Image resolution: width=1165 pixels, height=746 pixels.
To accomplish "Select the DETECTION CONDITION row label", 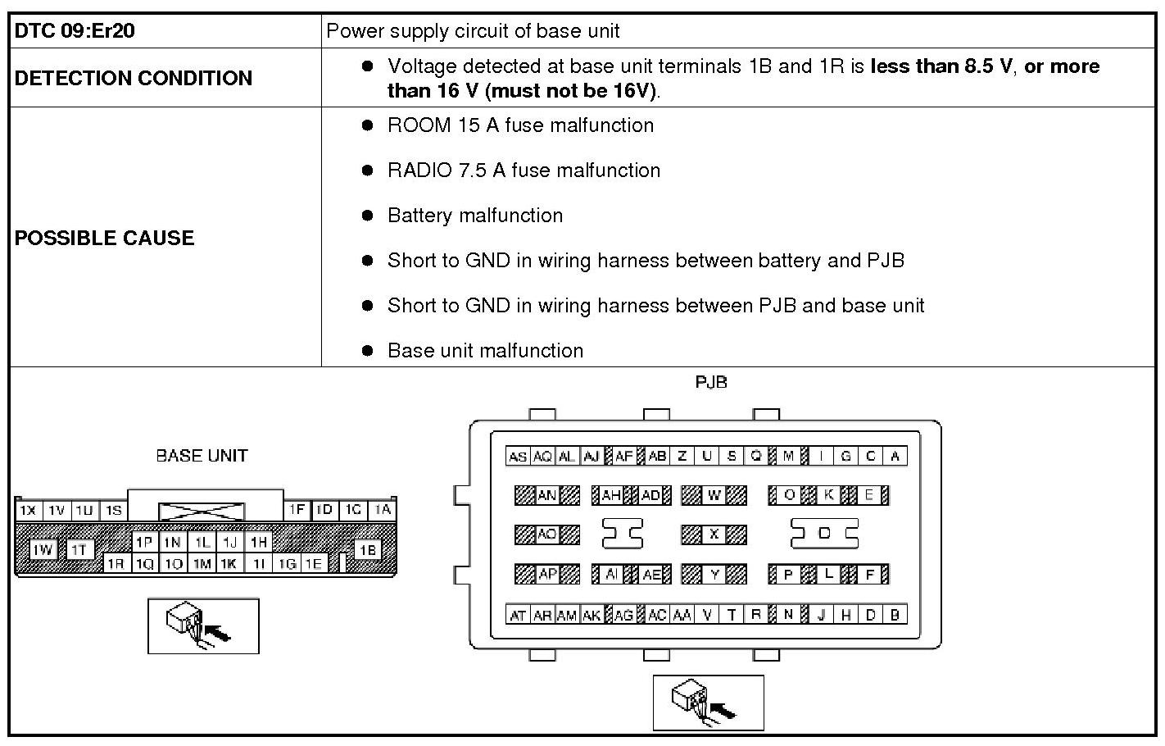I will pos(134,78).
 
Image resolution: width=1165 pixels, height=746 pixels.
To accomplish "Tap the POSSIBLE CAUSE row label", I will pos(105,238).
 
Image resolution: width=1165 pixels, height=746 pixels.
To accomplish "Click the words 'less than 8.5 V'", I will pos(941,66).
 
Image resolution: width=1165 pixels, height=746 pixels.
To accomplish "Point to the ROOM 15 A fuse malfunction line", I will pos(520,125).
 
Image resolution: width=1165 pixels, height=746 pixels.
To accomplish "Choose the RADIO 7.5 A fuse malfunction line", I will pos(524,171).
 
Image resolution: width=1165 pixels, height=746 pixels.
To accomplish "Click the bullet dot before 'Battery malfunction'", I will pos(368,216).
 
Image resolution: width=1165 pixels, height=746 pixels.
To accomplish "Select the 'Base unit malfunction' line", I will pos(485,351).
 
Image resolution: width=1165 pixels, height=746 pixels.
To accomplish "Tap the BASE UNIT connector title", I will pos(202,456).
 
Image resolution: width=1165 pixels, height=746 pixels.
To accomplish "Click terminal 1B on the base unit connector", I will pos(368,549).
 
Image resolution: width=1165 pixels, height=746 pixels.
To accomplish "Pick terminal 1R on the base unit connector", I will pos(116,563).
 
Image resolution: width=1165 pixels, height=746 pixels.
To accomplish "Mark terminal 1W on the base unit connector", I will pos(43,549).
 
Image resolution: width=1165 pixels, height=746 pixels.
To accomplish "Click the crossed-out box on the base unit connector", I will pos(201,512).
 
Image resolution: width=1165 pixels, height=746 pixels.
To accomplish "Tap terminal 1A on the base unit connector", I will pos(383,510).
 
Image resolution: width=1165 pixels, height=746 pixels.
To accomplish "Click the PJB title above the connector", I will pos(710,382).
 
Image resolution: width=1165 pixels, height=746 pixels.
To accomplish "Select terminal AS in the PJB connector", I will pos(518,457).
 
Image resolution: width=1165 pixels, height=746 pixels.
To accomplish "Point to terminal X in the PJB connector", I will pos(714,534).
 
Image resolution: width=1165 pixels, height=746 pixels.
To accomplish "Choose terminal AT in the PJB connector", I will pos(518,615).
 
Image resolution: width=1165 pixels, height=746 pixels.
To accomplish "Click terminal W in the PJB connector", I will pos(714,495).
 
